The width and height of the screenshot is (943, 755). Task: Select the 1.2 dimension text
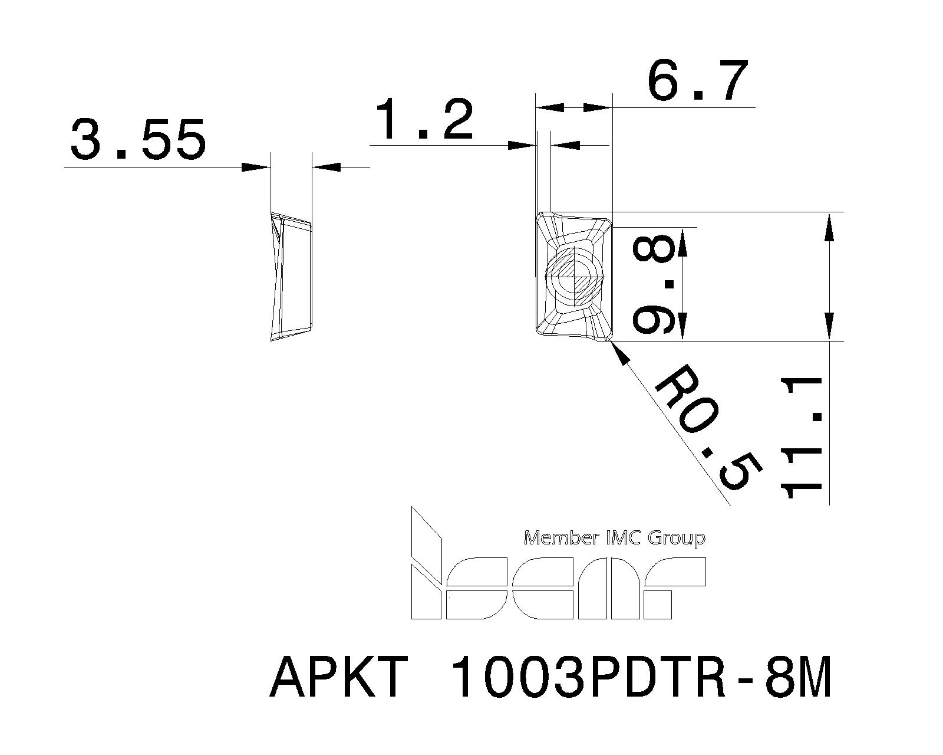pos(424,120)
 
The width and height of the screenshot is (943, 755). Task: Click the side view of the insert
pos(290,276)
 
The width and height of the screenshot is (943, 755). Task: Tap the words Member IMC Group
pos(614,538)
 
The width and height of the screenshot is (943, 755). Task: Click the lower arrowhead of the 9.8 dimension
pos(682,326)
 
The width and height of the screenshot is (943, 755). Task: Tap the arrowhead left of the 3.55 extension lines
pos(256,168)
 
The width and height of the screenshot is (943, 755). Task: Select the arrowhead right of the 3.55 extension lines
pos(327,168)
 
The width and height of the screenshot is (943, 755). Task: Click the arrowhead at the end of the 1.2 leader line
pos(522,145)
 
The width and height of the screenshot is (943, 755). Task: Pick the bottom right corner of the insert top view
pos(609,339)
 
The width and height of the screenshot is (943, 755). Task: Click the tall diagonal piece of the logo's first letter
pos(426,534)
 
